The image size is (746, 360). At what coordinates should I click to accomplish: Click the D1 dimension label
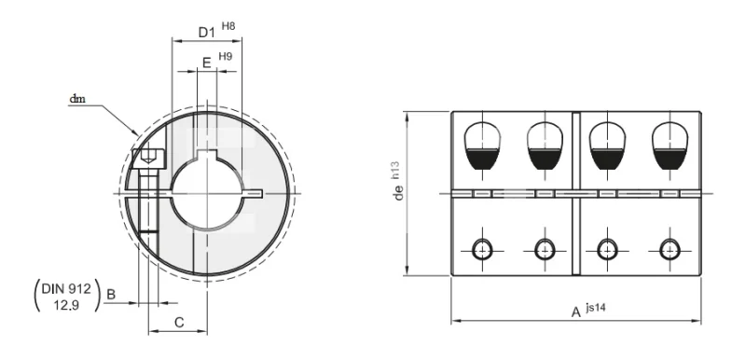coord(206,33)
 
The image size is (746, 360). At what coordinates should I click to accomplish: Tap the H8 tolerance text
coord(228,26)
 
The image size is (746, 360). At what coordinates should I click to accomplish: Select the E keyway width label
coord(206,62)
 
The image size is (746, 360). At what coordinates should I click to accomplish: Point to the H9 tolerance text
coord(226,56)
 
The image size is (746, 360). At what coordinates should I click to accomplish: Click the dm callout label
coord(77,99)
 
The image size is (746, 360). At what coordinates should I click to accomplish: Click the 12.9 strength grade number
coord(66,305)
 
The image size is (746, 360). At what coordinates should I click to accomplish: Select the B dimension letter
coord(111,295)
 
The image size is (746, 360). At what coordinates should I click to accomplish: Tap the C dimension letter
coord(179,323)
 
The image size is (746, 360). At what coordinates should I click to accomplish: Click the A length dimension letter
coord(576,312)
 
